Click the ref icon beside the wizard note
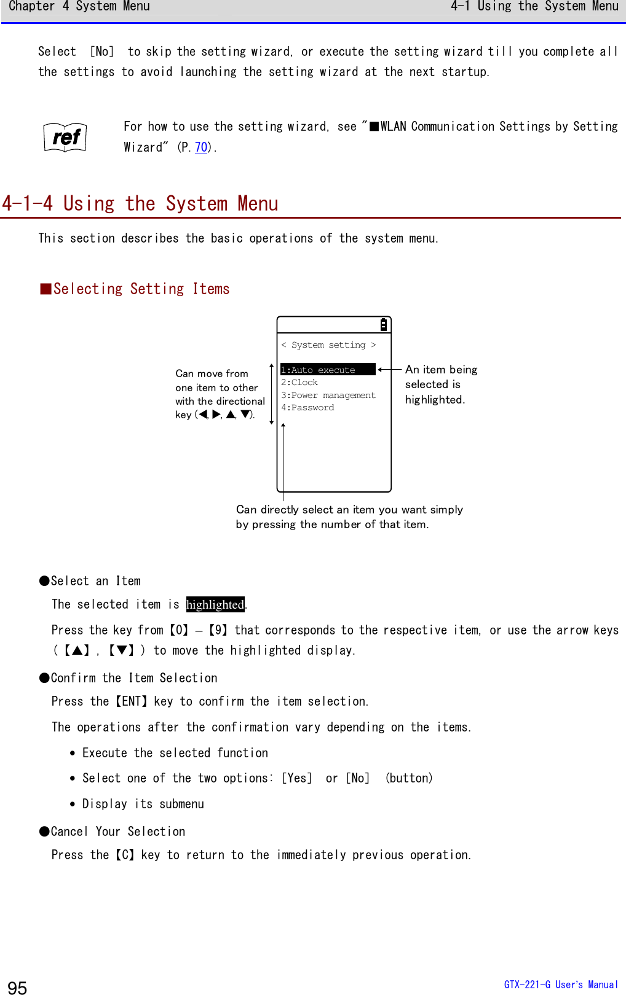[x=65, y=137]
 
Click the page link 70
[x=201, y=147]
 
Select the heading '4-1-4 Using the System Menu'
[x=140, y=204]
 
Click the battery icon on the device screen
[x=383, y=325]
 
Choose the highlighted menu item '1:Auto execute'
[x=327, y=370]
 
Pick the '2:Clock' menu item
[x=299, y=383]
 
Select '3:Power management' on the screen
[x=328, y=396]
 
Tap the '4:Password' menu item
[x=308, y=408]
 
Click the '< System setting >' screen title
[x=328, y=345]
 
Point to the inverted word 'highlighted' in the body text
[x=215, y=605]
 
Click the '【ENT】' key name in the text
[x=132, y=701]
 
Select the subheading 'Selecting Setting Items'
[x=141, y=289]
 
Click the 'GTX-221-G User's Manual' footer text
[x=561, y=985]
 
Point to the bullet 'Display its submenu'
[x=143, y=804]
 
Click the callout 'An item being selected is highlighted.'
[x=440, y=384]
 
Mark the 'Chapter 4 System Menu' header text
[x=79, y=7]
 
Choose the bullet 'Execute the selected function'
[x=175, y=753]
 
